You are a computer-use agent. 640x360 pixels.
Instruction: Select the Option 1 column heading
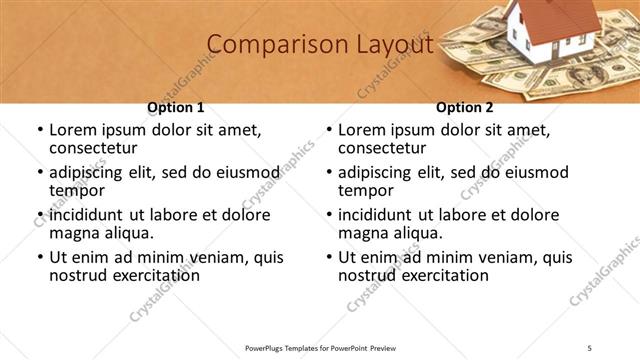click(x=176, y=107)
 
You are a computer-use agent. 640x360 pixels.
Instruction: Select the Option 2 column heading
click(x=465, y=107)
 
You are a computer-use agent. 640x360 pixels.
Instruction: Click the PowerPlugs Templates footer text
click(x=320, y=348)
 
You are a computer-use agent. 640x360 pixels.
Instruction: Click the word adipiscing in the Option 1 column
click(x=91, y=173)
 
